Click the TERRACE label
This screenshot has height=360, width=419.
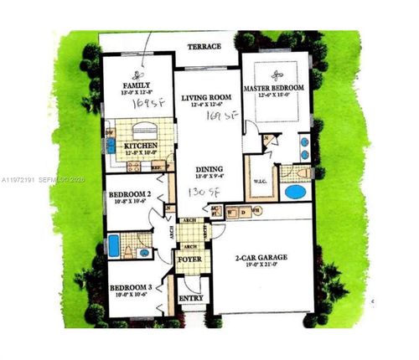point(204,47)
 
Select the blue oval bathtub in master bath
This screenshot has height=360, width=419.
point(297,192)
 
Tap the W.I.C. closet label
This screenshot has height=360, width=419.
point(261,183)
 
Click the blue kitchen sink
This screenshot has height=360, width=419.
point(110,147)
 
